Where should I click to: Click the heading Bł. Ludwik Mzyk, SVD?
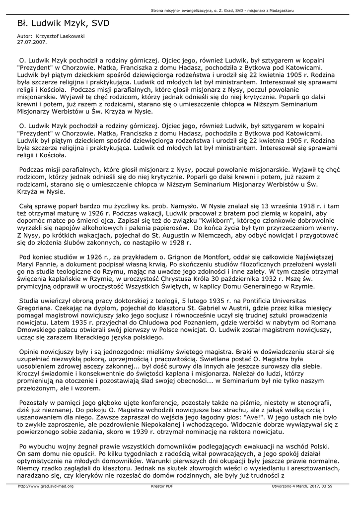coord(63,23)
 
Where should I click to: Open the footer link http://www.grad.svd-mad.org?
coord(46,486)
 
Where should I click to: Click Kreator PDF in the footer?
coord(162,486)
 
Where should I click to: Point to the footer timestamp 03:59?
coord(326,486)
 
